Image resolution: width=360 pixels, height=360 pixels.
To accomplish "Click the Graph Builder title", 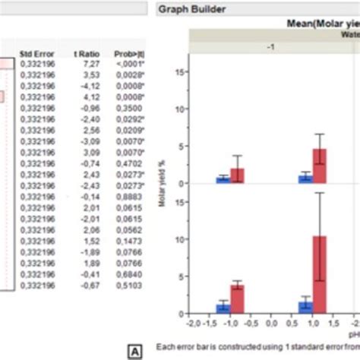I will click(191, 10).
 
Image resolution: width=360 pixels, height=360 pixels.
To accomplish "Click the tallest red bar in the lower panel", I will click(320, 274).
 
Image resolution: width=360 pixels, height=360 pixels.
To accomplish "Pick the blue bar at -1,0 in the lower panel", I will click(223, 308).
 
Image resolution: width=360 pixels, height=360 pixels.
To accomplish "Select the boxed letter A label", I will click(135, 351).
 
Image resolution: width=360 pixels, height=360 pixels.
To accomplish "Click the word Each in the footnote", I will click(165, 347).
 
